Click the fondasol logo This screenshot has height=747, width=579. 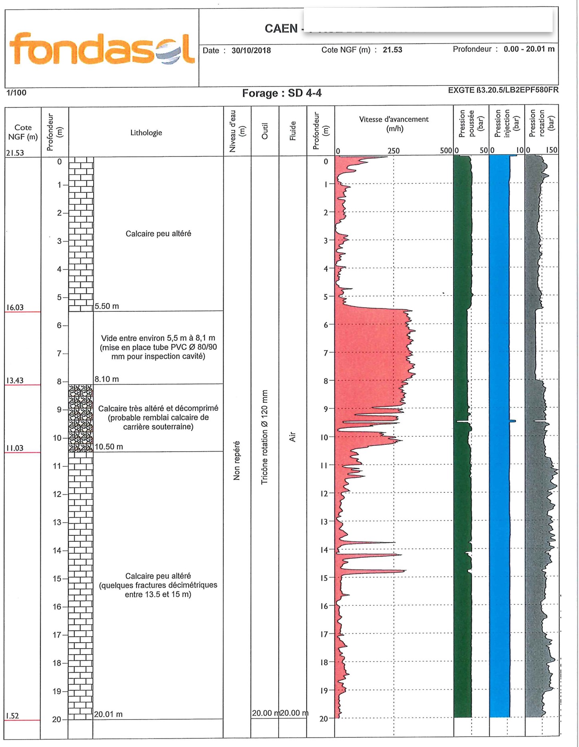(102, 49)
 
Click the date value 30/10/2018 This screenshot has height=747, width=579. (251, 51)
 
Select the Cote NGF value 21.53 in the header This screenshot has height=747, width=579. (392, 50)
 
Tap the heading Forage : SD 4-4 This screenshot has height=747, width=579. (282, 93)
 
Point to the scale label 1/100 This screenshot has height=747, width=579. (16, 93)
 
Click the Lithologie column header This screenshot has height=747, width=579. (146, 133)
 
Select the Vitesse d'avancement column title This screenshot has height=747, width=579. (394, 124)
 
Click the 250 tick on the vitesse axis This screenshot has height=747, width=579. (393, 151)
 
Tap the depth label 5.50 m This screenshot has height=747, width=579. (107, 306)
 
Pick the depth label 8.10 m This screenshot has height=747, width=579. (107, 379)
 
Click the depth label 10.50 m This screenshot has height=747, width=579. (109, 447)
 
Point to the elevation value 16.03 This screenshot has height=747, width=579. (15, 307)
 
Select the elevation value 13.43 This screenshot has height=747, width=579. (15, 380)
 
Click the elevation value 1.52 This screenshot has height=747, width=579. (12, 716)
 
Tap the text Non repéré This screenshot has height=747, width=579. (237, 460)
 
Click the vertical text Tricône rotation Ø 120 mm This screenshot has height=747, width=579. (264, 437)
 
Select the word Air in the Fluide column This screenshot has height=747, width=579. (292, 436)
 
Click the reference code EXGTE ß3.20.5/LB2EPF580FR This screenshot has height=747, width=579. (503, 90)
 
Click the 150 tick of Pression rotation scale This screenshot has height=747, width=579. (551, 150)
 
